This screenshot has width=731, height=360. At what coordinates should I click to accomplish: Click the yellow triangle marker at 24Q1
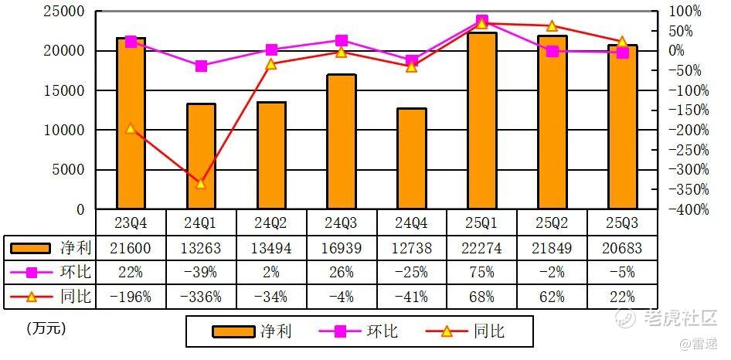point(201,183)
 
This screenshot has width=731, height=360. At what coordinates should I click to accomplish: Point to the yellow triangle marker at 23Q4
point(131,128)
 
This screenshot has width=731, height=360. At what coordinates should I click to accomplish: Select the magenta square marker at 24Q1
point(201,66)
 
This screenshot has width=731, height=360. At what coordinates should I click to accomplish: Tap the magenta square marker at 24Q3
point(342,40)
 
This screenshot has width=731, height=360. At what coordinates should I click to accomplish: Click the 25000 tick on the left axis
point(63,11)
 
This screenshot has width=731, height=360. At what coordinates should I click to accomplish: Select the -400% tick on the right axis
point(685,209)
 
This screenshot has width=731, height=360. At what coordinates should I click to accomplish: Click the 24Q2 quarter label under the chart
point(271,222)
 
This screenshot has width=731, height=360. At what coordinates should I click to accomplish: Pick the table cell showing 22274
point(482,247)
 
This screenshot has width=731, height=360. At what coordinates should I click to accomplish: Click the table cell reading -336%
point(201,296)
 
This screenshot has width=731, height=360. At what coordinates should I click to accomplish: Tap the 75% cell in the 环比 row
point(482,272)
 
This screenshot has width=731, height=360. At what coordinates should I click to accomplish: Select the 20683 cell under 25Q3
point(622,247)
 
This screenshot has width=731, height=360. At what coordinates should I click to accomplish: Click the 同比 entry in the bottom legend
point(471,331)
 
